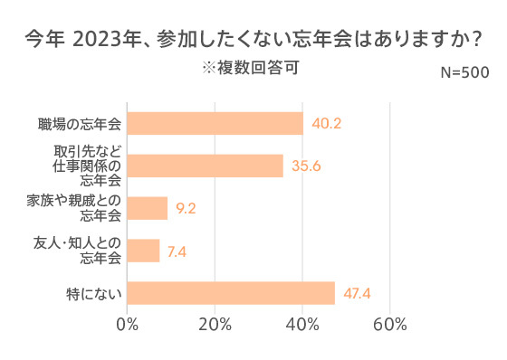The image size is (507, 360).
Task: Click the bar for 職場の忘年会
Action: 215,123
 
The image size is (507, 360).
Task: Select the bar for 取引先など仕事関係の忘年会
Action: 206,166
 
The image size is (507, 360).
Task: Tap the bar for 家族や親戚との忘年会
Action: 148,208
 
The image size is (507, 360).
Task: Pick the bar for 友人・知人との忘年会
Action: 144,251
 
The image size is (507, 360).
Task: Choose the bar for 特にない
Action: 231,293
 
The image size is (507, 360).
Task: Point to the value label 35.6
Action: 307,166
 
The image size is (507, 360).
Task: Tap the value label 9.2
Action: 187,208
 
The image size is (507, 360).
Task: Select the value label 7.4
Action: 178,251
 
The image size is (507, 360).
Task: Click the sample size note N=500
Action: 464,72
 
